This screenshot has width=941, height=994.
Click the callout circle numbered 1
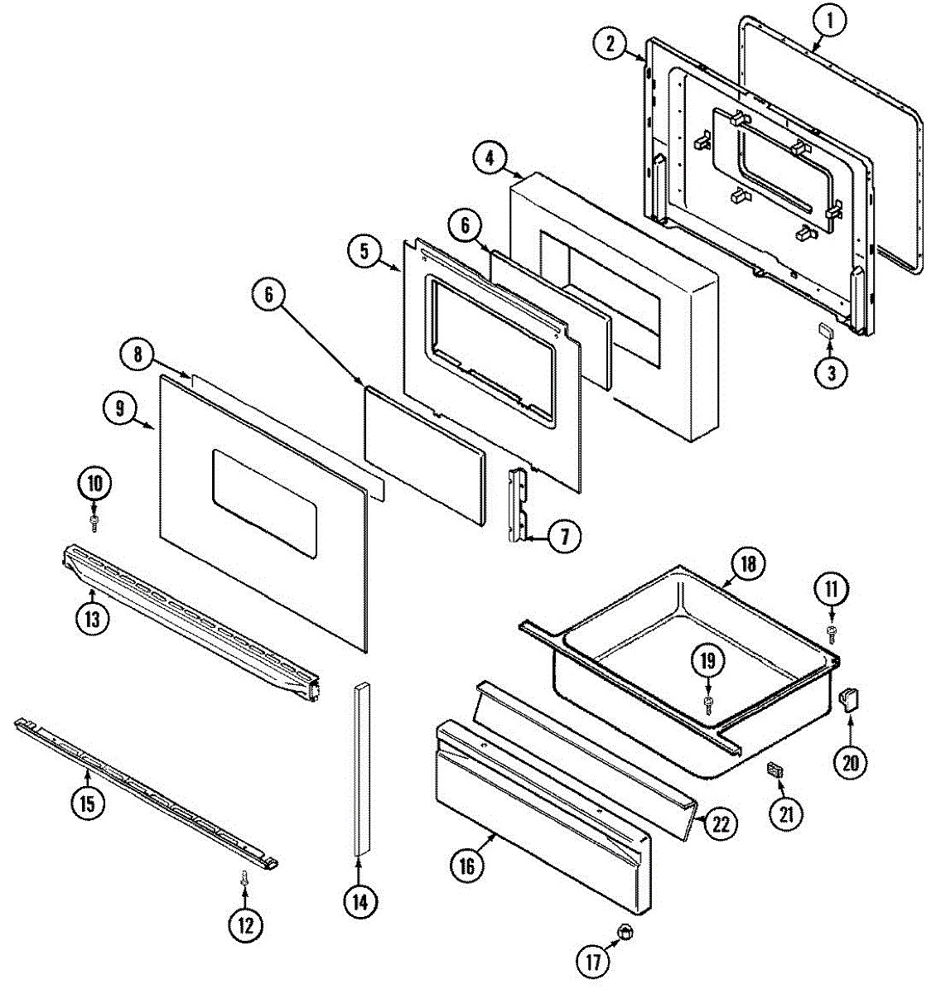click(830, 22)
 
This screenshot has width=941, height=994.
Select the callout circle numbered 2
click(610, 44)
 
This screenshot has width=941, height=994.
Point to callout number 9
click(120, 408)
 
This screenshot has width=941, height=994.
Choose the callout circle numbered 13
click(92, 618)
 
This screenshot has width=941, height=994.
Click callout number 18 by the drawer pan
click(747, 564)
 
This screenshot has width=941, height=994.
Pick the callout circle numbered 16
click(467, 866)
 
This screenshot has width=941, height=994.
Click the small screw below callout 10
click(94, 522)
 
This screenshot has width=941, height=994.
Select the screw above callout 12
click(244, 881)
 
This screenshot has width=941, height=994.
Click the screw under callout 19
click(709, 704)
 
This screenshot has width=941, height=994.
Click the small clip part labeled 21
click(775, 770)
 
